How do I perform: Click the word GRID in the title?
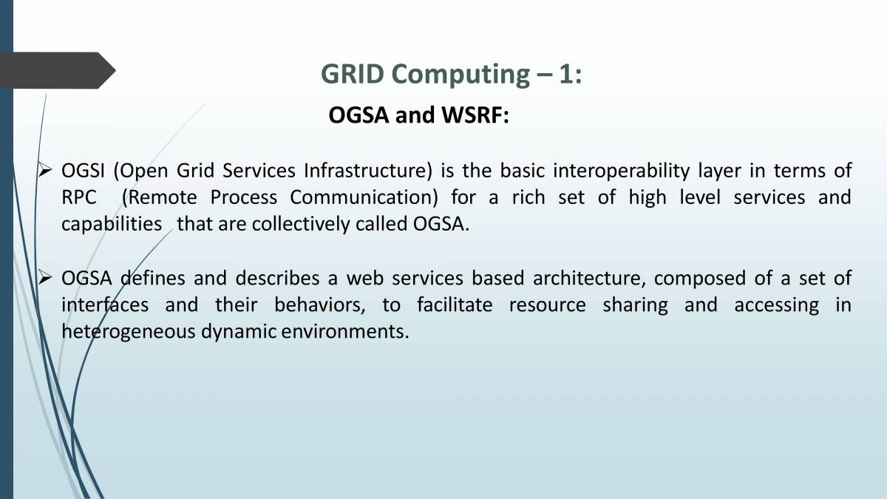(353, 74)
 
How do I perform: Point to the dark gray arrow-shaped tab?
(58, 70)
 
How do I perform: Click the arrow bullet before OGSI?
(45, 171)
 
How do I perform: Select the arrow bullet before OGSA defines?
(45, 278)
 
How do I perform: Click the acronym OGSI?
(83, 171)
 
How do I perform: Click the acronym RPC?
(79, 197)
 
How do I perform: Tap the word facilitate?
(455, 305)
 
